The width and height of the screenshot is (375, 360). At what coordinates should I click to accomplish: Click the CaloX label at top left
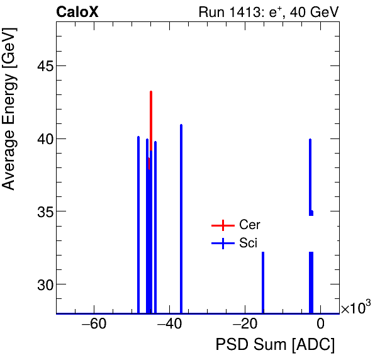[77, 12]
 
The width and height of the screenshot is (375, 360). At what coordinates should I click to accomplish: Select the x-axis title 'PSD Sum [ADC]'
[275, 345]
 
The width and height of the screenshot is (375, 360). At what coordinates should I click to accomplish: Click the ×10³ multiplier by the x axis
[355, 308]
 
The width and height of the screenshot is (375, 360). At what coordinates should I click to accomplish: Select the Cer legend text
[250, 225]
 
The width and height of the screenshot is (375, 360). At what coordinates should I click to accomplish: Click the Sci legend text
[249, 243]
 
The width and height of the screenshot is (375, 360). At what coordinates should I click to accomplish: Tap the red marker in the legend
[221, 225]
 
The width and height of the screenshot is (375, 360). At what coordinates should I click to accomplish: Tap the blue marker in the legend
[221, 243]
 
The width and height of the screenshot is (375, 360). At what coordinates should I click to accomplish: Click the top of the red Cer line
[151, 93]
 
